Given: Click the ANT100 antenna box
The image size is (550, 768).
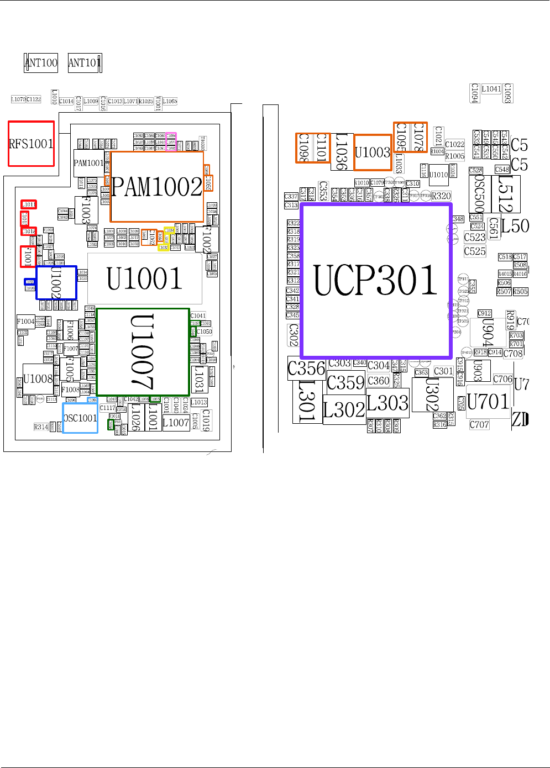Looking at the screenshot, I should coord(41,63).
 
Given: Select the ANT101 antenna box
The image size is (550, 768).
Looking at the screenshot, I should coord(85,63).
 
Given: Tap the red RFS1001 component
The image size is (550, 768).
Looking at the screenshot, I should coord(32,144).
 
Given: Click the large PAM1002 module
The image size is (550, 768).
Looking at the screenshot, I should coord(157,187).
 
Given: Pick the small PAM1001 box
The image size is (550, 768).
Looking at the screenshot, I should coord(88,163).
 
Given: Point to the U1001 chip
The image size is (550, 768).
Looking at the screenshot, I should coord(144,278).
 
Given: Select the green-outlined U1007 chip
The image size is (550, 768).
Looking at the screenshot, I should coord(143,352).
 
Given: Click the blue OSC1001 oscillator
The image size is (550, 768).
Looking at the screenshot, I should coord(80,418).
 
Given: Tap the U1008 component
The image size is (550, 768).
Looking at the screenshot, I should coord(38,379).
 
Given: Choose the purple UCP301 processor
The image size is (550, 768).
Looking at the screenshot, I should coord(376,281).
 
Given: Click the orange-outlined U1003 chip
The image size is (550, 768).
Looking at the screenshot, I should coord(373,152).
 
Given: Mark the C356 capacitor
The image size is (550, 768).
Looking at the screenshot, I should coord(307,369).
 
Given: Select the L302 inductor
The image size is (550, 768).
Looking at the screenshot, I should coord(344,410).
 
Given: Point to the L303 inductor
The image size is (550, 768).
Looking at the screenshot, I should coord(387,403).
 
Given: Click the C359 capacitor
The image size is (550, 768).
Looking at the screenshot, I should coord(345,382).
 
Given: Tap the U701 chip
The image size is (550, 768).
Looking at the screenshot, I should coord(488,402).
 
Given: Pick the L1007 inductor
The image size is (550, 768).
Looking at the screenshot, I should coord(176,423).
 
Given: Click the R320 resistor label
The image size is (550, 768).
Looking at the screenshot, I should coord(441,196).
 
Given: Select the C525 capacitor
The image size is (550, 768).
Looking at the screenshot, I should coord(475,251).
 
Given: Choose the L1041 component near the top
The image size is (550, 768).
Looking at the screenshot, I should coord(491,89).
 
